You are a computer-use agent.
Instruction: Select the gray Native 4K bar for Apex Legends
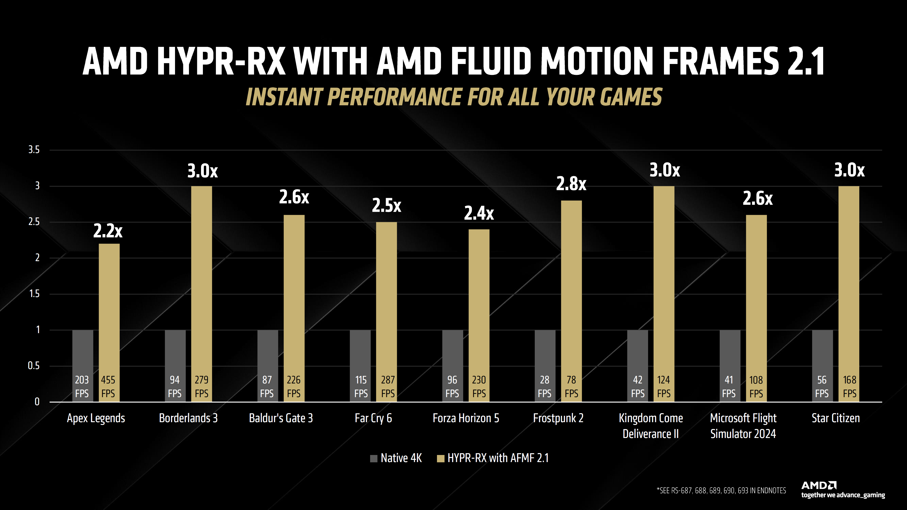[x=83, y=352]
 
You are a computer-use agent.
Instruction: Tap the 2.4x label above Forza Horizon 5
[x=479, y=213]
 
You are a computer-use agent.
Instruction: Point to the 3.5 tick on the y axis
[x=34, y=150]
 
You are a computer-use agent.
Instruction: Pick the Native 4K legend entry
[x=396, y=458]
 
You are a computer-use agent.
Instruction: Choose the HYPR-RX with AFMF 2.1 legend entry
[x=493, y=458]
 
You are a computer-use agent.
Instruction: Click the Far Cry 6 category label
[x=373, y=418]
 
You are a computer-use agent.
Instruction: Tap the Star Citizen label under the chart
[x=835, y=418]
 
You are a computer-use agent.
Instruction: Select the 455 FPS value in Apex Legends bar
[x=108, y=387]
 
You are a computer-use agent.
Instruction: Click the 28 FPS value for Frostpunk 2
[x=544, y=387]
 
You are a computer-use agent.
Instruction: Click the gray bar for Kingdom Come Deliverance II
[x=637, y=352]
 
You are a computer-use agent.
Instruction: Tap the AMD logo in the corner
[x=819, y=485]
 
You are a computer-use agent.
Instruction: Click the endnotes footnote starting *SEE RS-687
[x=721, y=491]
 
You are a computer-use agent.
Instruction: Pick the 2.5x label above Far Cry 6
[x=386, y=206]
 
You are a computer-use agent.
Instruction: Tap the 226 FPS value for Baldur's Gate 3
[x=294, y=387]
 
